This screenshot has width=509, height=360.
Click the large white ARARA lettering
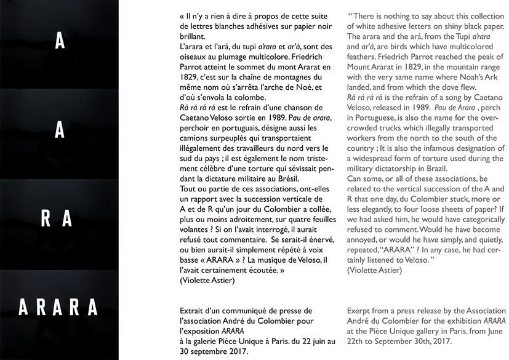click(x=58, y=306)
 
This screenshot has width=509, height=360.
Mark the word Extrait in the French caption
click(x=193, y=311)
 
